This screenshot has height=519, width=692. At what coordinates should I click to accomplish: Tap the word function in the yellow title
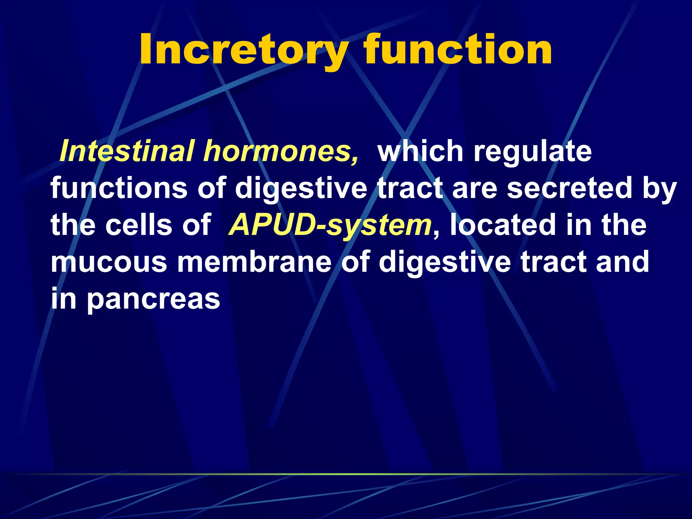tap(458, 50)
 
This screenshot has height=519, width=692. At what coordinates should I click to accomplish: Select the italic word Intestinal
tap(127, 151)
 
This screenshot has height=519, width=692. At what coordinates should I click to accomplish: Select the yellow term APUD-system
tap(330, 226)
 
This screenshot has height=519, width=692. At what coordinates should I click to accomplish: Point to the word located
tap(503, 225)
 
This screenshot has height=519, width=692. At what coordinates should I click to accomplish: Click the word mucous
tap(109, 262)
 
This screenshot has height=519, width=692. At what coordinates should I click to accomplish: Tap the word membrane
tap(254, 262)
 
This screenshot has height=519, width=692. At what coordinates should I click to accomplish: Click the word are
tap(474, 189)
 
